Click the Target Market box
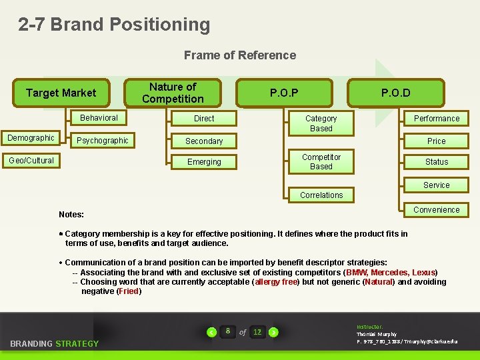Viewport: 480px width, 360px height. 61,93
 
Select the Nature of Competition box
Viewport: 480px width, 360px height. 173,93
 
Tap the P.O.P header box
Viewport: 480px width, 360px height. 284,93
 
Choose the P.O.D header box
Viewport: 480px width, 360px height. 396,93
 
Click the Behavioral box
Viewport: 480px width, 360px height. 99,118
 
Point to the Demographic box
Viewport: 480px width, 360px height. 31,138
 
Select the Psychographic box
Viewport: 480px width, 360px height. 103,141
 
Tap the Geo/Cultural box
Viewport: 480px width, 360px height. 31,160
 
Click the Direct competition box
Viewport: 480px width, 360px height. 204,119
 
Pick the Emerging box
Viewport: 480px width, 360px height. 204,162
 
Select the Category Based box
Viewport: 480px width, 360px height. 321,123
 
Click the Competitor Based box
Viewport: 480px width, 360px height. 321,162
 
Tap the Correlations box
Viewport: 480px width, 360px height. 321,195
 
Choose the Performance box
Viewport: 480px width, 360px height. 437,119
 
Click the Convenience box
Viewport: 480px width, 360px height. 437,210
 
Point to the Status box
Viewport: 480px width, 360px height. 437,162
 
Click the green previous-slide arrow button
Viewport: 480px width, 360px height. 212,332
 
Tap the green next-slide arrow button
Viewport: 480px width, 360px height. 273,332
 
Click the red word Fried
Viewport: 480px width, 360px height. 129,291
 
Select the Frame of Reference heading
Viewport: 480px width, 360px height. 240,55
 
